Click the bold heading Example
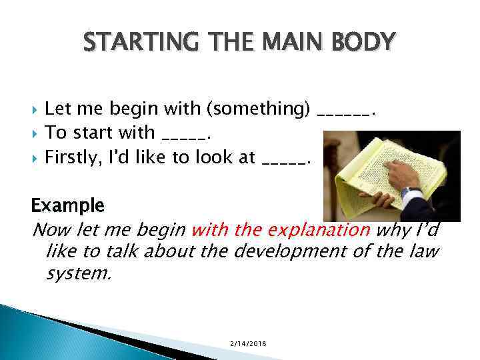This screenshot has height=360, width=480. pos(68,205)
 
